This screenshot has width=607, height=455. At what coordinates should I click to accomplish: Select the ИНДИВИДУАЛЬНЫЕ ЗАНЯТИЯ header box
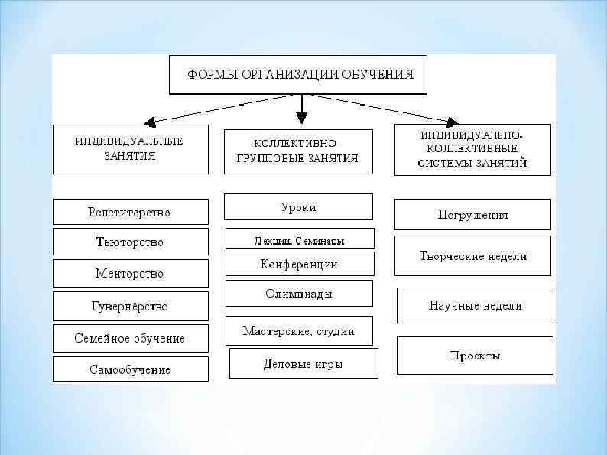(130, 149)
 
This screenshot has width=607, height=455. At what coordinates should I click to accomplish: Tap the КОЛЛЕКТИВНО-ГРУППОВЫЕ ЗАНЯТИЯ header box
(298, 151)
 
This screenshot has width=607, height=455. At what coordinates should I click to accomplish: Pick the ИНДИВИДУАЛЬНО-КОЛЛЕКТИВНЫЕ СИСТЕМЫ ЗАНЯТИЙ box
(472, 149)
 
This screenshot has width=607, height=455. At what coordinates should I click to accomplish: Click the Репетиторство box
(130, 212)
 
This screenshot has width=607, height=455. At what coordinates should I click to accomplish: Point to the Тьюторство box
(130, 242)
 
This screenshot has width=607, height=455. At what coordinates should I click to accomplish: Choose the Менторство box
(130, 274)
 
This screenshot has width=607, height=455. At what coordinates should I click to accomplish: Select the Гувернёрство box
(130, 306)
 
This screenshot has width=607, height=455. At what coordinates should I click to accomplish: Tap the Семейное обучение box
(130, 338)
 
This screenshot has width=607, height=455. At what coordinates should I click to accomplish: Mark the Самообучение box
(130, 369)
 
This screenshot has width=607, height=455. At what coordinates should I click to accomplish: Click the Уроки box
(298, 206)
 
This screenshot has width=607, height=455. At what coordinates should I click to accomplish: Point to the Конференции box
(300, 264)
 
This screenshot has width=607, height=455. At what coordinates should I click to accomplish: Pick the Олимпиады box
(299, 293)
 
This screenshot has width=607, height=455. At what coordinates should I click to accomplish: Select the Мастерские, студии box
(299, 330)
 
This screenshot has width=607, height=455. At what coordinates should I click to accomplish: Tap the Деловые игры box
(303, 363)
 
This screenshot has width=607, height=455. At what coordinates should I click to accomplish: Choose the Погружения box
(472, 214)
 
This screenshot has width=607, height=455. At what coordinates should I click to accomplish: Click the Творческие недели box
(472, 256)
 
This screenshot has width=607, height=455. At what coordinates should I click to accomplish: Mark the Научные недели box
(475, 305)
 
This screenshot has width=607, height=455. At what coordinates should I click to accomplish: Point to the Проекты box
(475, 356)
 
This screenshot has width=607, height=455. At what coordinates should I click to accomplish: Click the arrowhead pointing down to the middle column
(302, 118)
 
